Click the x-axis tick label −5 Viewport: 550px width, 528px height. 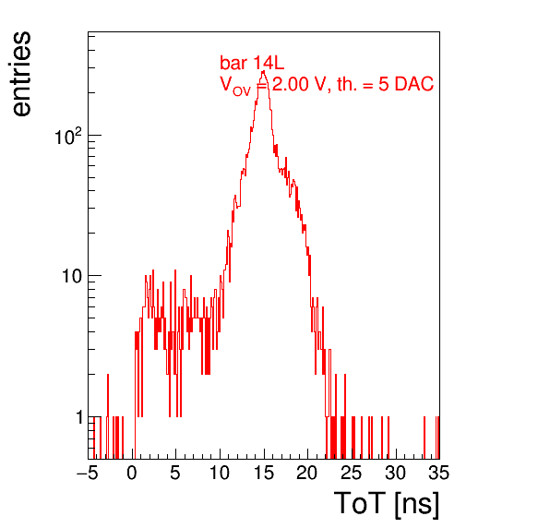88,473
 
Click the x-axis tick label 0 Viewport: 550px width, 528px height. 132,473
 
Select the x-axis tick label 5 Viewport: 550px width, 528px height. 175,473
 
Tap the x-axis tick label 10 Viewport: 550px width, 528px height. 220,473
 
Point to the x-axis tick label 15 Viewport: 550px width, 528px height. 264,473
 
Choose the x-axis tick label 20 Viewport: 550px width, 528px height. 307,473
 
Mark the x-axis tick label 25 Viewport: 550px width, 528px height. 352,473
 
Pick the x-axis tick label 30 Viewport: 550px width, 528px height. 396,473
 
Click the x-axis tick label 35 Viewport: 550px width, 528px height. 439,473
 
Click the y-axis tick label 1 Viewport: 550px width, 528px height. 79,417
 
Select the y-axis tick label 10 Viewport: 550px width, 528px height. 73,276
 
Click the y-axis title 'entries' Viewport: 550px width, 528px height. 21,74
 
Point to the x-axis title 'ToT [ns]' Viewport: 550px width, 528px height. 387,504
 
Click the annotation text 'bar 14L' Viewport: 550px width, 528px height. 252,63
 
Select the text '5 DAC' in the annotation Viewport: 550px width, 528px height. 406,84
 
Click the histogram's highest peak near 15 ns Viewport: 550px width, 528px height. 263,71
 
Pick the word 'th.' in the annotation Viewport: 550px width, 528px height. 347,84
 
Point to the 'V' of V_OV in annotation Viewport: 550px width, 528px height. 225,84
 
